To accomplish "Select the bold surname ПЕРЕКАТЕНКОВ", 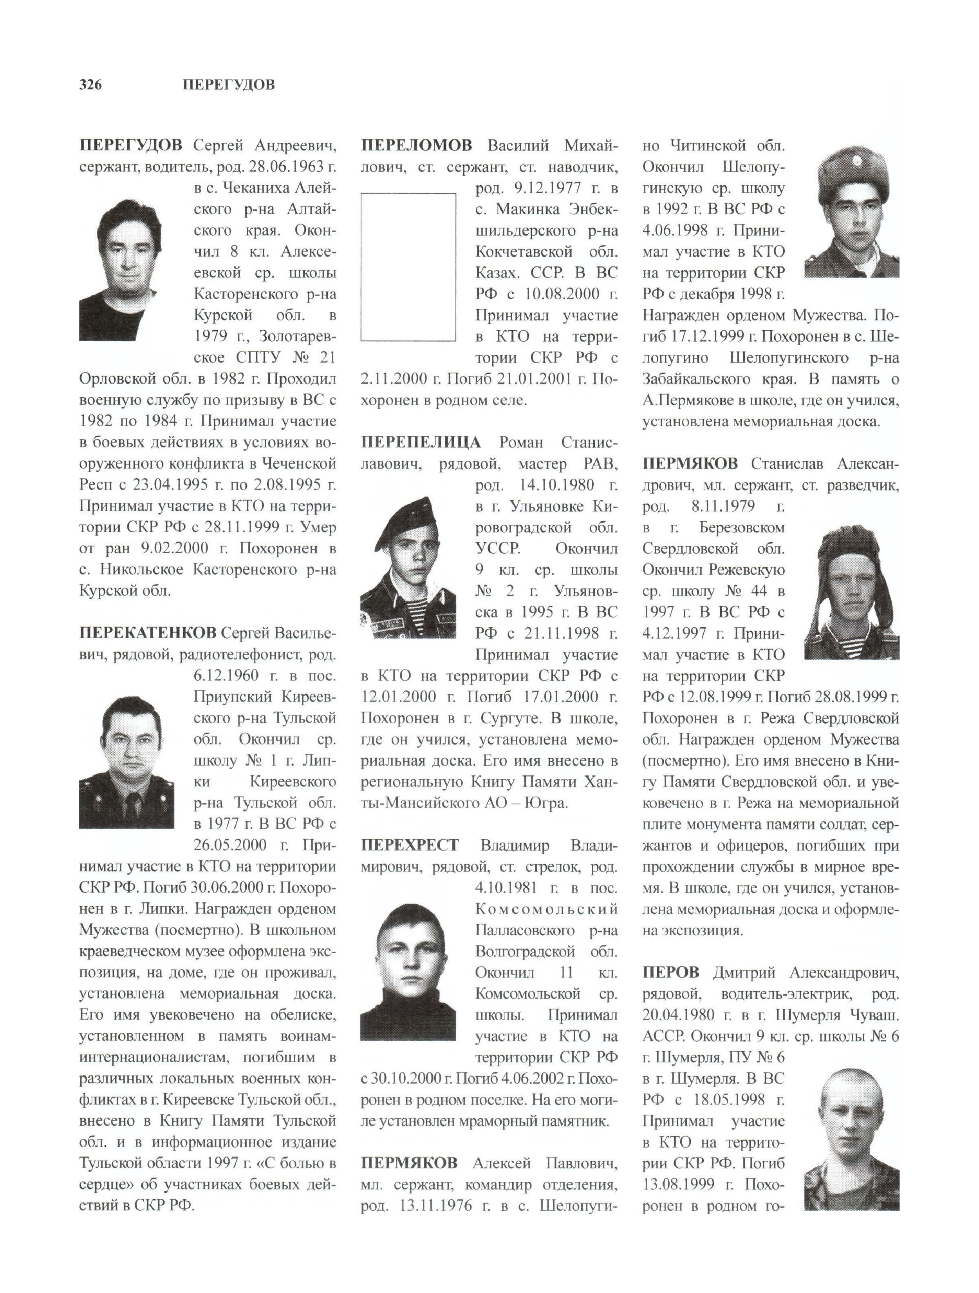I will [x=147, y=633].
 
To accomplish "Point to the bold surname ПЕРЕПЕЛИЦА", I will [x=421, y=442].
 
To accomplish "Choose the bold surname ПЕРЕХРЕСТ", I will [x=410, y=845].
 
